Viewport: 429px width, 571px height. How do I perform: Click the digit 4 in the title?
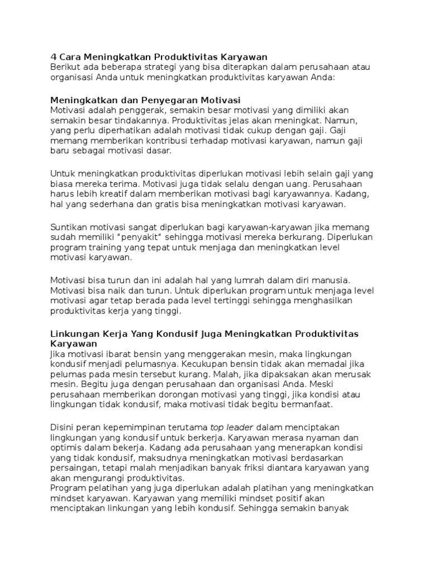point(54,57)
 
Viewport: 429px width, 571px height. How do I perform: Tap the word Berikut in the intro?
point(65,67)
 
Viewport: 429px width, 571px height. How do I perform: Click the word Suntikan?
point(69,228)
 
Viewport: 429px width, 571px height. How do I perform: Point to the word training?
point(125,248)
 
